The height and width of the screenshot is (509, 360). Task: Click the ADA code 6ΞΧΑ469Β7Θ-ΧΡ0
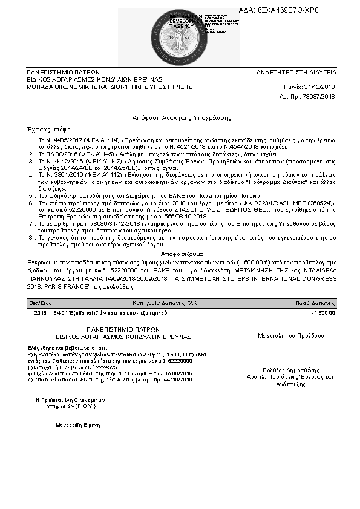287,11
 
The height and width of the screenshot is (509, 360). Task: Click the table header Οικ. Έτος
40,303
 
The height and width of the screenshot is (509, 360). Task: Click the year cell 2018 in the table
41,313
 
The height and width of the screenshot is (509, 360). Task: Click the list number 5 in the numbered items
31,197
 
